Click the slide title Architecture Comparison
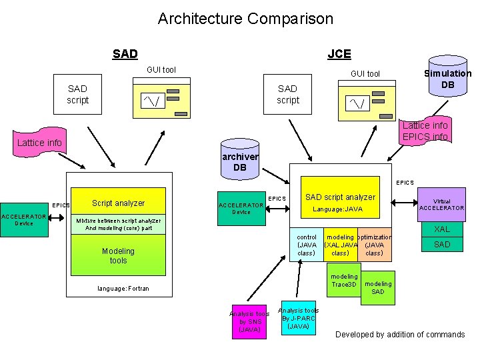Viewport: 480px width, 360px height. (245, 19)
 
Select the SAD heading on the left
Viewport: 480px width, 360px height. (125, 54)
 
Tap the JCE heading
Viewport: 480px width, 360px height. (339, 54)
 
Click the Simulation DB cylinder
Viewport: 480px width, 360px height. (447, 79)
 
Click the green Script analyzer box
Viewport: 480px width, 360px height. (118, 203)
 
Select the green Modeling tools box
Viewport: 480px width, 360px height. (118, 255)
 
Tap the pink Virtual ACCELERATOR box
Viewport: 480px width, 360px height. (441, 205)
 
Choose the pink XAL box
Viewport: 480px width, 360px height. (441, 229)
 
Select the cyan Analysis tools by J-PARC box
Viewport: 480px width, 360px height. (298, 318)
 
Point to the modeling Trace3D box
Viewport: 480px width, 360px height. (344, 281)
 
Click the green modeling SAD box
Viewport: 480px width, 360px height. (377, 288)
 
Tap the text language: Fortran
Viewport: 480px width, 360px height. (123, 289)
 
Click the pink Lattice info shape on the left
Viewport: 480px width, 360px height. (39, 143)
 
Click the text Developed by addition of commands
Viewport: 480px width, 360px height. (400, 334)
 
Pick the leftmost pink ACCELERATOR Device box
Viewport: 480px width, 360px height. (23, 220)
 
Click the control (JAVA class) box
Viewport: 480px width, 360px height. (307, 245)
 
